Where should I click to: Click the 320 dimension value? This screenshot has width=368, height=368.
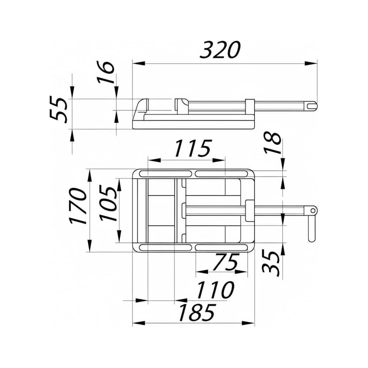pos(220,50)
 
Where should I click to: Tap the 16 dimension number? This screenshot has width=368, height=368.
pos(106,72)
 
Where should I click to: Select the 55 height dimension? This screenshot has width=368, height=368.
pos(59,109)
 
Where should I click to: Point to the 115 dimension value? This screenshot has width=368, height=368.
pos(193,148)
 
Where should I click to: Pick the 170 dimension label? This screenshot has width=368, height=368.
pos(78,206)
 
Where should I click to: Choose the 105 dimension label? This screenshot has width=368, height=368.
pos(108,203)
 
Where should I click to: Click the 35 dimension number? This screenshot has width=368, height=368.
pos(271,263)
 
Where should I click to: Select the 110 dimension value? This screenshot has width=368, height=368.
pos(215,290)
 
